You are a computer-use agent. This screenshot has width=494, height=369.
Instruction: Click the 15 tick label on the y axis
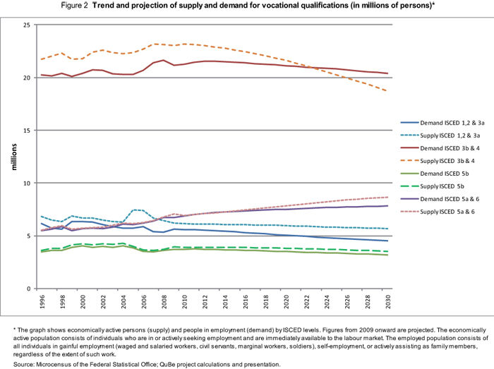pos(26,131)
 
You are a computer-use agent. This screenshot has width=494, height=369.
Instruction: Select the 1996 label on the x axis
pos(43,303)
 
